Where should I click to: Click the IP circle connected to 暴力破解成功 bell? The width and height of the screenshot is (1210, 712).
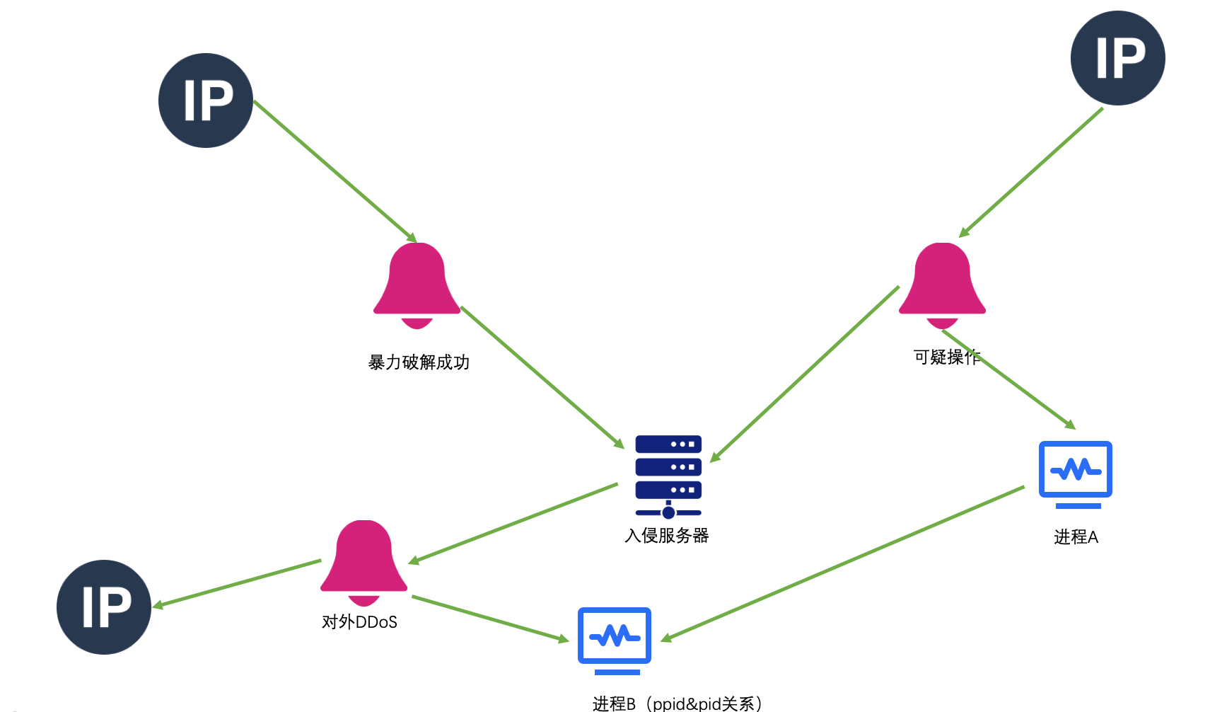(206, 101)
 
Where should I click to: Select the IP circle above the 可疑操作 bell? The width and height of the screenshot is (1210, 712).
(1117, 58)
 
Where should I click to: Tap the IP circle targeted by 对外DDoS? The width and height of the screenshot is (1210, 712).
(104, 607)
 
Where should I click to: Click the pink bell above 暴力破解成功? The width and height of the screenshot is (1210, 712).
(417, 283)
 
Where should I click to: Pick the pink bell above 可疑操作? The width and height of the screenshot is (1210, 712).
(942, 283)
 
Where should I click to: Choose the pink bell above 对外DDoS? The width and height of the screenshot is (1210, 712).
(363, 561)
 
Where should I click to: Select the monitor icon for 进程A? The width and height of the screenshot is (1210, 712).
(1075, 473)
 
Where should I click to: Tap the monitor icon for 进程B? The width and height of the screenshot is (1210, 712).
(615, 639)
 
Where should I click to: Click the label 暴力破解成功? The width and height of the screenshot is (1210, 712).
(419, 362)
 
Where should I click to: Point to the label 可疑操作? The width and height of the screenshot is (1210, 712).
(946, 357)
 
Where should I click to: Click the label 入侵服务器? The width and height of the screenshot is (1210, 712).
(666, 536)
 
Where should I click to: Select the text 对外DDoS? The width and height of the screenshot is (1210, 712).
(359, 622)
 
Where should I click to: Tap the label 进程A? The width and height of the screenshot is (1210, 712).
(1076, 537)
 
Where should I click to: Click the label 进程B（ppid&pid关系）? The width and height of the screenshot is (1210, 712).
(677, 703)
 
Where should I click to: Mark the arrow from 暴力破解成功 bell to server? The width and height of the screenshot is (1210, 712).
(542, 377)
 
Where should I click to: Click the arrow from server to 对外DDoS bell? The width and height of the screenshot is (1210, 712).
(513, 523)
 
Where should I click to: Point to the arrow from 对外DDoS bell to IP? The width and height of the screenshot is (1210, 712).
(237, 583)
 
